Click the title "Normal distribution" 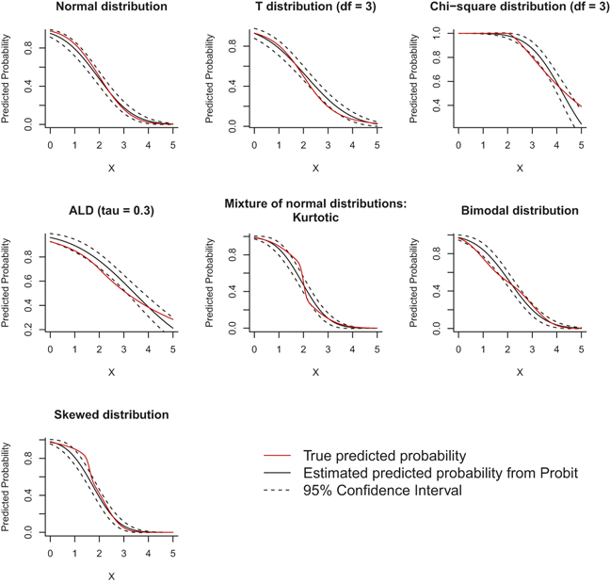point(112,7)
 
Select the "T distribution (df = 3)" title point(315,7)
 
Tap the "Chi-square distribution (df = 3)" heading point(520,7)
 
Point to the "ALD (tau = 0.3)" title point(112,211)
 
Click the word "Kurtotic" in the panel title point(315,218)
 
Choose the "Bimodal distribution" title point(520,211)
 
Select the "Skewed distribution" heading point(112,414)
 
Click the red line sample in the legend point(278,455)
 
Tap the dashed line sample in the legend point(278,491)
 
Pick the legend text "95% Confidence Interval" point(382,491)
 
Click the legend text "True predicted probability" point(384,456)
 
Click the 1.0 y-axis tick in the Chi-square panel point(437,34)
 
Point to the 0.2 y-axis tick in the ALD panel point(28,330)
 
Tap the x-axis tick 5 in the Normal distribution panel point(173,145)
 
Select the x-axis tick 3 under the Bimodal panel point(532,349)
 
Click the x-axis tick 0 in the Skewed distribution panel point(50,553)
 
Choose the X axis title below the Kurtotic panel point(315,372)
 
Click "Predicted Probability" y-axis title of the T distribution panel point(209,78)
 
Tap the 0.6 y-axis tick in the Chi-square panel point(437,81)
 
